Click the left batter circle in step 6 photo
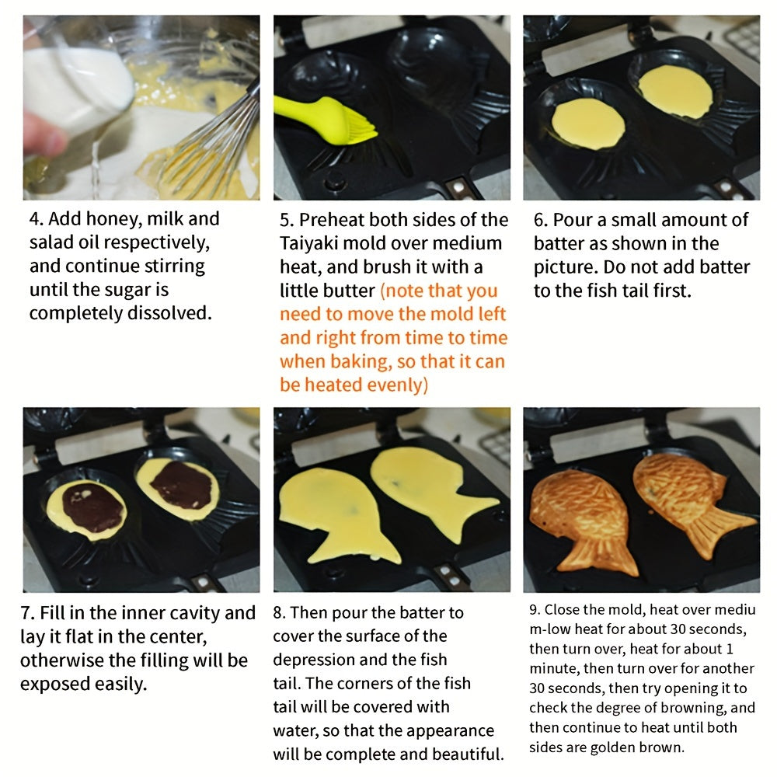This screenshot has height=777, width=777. [x=588, y=124]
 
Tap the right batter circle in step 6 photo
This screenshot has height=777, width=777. [x=674, y=92]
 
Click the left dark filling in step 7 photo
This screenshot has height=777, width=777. [x=92, y=507]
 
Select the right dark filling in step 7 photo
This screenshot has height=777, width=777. [x=181, y=485]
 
